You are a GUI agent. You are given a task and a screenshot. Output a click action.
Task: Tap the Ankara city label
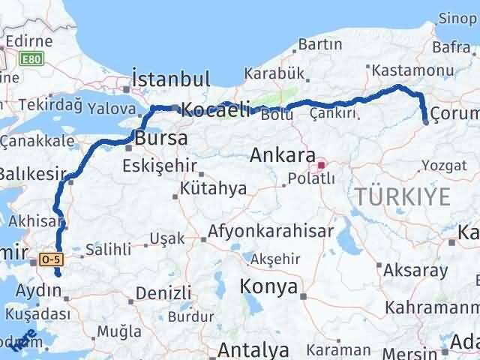click(282, 156)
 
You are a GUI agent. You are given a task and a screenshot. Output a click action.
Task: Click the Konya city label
click(268, 286)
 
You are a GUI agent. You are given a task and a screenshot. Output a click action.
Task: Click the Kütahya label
click(213, 188)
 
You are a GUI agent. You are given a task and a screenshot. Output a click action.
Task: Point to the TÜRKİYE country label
click(403, 197)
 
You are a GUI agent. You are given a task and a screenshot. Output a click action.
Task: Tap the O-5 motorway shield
click(51, 259)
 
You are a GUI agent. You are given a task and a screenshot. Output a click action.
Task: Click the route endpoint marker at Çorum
click(425, 121)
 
